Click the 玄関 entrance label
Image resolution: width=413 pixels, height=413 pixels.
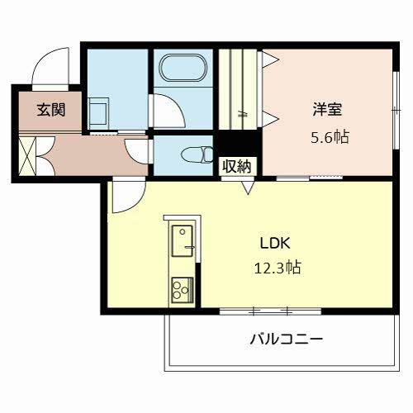[x=51, y=110]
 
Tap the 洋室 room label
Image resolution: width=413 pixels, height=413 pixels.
[x=327, y=109]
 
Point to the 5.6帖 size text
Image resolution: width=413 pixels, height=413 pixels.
[x=330, y=137]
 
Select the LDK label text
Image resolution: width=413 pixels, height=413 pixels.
[x=275, y=244]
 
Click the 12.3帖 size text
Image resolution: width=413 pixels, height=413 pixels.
[x=278, y=268]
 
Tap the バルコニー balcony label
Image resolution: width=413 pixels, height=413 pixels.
[x=286, y=339]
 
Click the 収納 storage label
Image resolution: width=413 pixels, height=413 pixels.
[x=237, y=166]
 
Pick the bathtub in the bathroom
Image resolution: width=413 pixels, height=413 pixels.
[x=183, y=68]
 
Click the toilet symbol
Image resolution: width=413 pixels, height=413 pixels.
[x=197, y=154]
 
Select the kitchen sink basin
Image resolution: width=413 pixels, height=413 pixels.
[x=182, y=241]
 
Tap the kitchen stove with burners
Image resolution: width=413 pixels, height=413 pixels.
[x=182, y=290]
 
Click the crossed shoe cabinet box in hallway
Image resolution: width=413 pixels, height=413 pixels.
[x=27, y=156]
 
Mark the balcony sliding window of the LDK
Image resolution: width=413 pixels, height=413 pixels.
[x=270, y=311]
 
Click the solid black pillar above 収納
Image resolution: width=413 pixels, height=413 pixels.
[x=239, y=144]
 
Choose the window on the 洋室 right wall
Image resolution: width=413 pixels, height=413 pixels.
[x=396, y=110]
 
